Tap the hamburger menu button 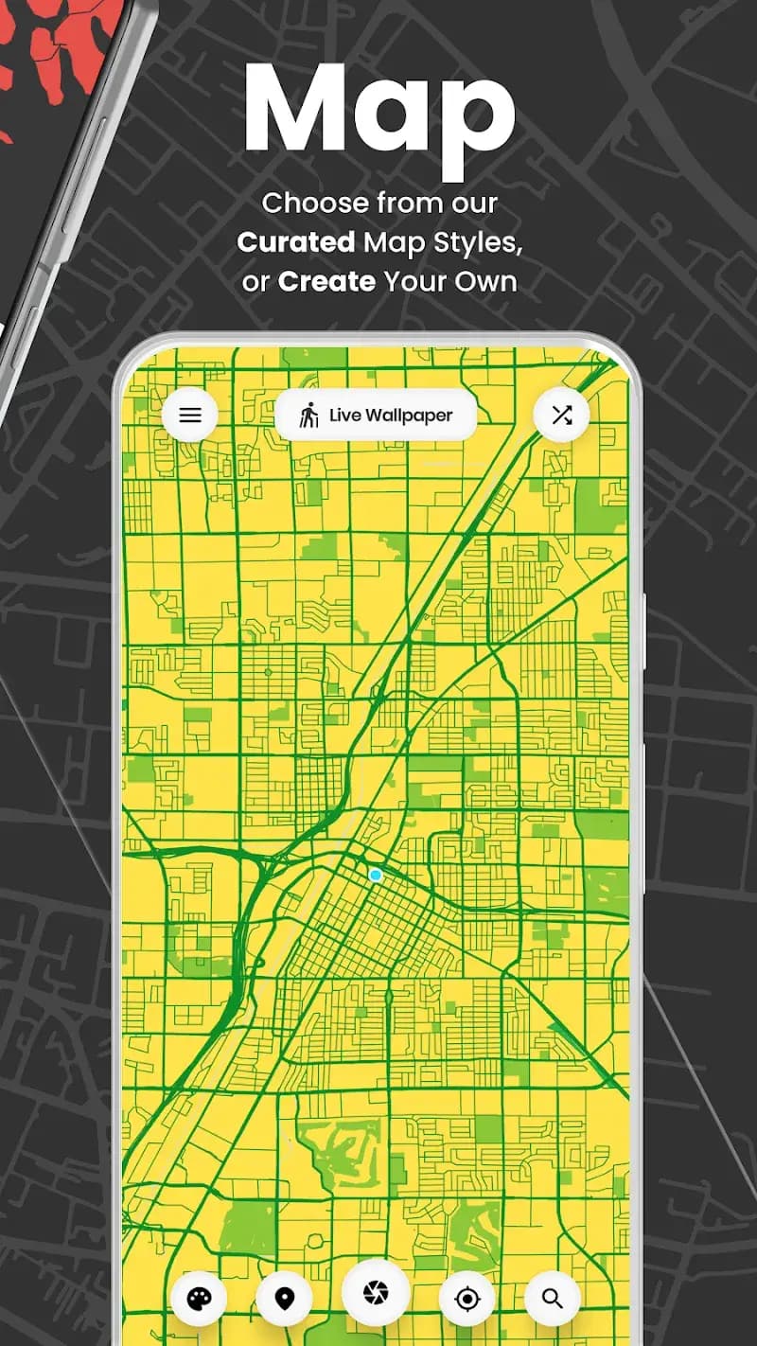(190, 415)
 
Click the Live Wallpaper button (376, 415)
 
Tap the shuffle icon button (562, 415)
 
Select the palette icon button (199, 1299)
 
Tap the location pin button (284, 1299)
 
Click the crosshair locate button (467, 1299)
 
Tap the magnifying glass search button (553, 1299)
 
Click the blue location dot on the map (376, 876)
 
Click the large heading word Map (378, 109)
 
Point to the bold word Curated (295, 242)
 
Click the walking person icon (308, 416)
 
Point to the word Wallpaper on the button (410, 416)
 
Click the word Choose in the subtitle (314, 203)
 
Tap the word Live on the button (345, 416)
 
